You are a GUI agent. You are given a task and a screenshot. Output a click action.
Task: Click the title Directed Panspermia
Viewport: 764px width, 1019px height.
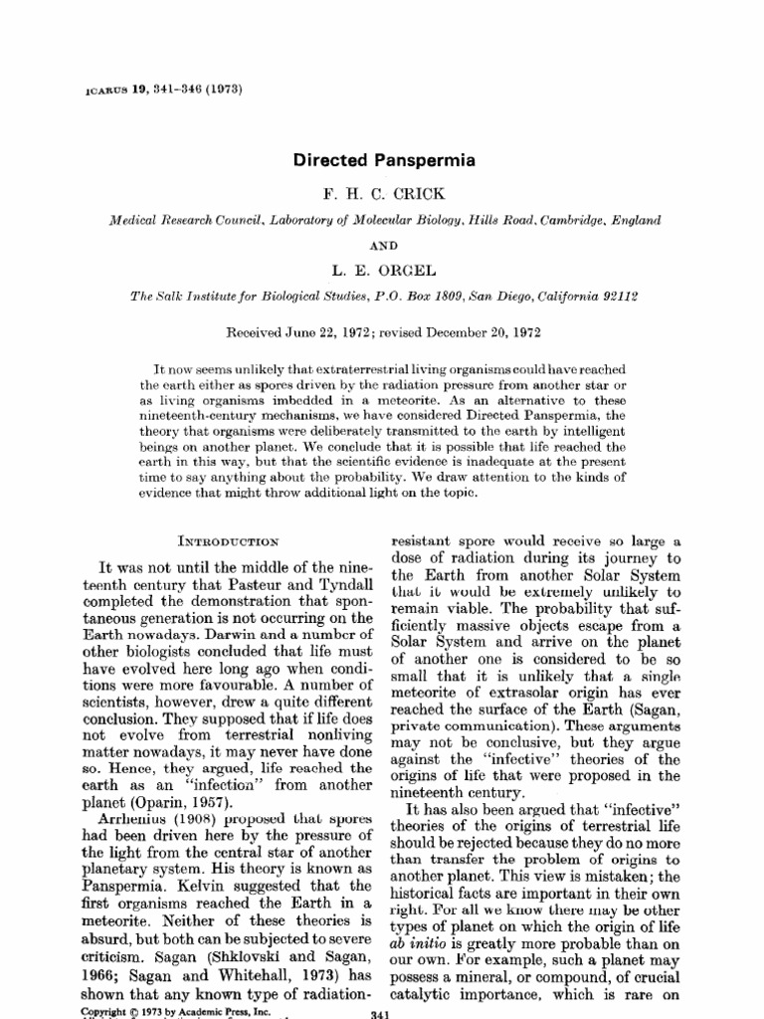(x=383, y=159)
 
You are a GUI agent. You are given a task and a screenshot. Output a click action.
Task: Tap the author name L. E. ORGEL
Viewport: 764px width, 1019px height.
(x=383, y=269)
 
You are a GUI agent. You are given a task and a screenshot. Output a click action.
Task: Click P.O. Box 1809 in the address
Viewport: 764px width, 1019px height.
(x=417, y=296)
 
